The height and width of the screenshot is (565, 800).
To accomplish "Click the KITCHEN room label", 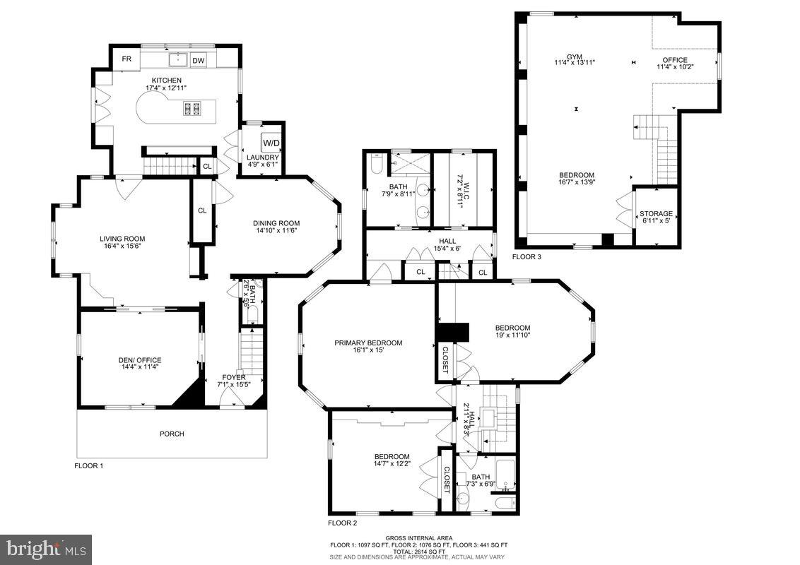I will point(163,81).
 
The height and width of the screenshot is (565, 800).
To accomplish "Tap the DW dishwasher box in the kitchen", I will point(199,61).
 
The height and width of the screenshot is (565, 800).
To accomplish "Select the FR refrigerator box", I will point(127,59).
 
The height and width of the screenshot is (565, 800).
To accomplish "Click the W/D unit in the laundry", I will point(271,143).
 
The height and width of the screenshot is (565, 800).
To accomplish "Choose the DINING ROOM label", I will point(276,223).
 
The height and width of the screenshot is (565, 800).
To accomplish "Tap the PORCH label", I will point(172,434).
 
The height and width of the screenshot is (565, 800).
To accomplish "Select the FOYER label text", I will point(234,378).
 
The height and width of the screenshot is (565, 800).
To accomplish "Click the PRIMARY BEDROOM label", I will point(368,343).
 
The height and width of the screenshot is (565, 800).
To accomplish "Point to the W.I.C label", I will point(459,180).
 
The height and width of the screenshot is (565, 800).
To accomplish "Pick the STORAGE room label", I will point(656,213).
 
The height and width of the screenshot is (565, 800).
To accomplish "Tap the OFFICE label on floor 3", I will point(674,59).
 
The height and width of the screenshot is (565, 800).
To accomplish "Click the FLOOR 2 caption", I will point(343,523).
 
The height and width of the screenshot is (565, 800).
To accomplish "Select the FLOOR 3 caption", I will point(527,257).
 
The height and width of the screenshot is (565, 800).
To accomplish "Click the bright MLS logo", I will point(46,549).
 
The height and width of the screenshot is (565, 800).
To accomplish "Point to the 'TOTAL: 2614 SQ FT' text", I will point(418,551).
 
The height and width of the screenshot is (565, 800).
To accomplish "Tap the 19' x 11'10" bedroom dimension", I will point(512,335).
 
